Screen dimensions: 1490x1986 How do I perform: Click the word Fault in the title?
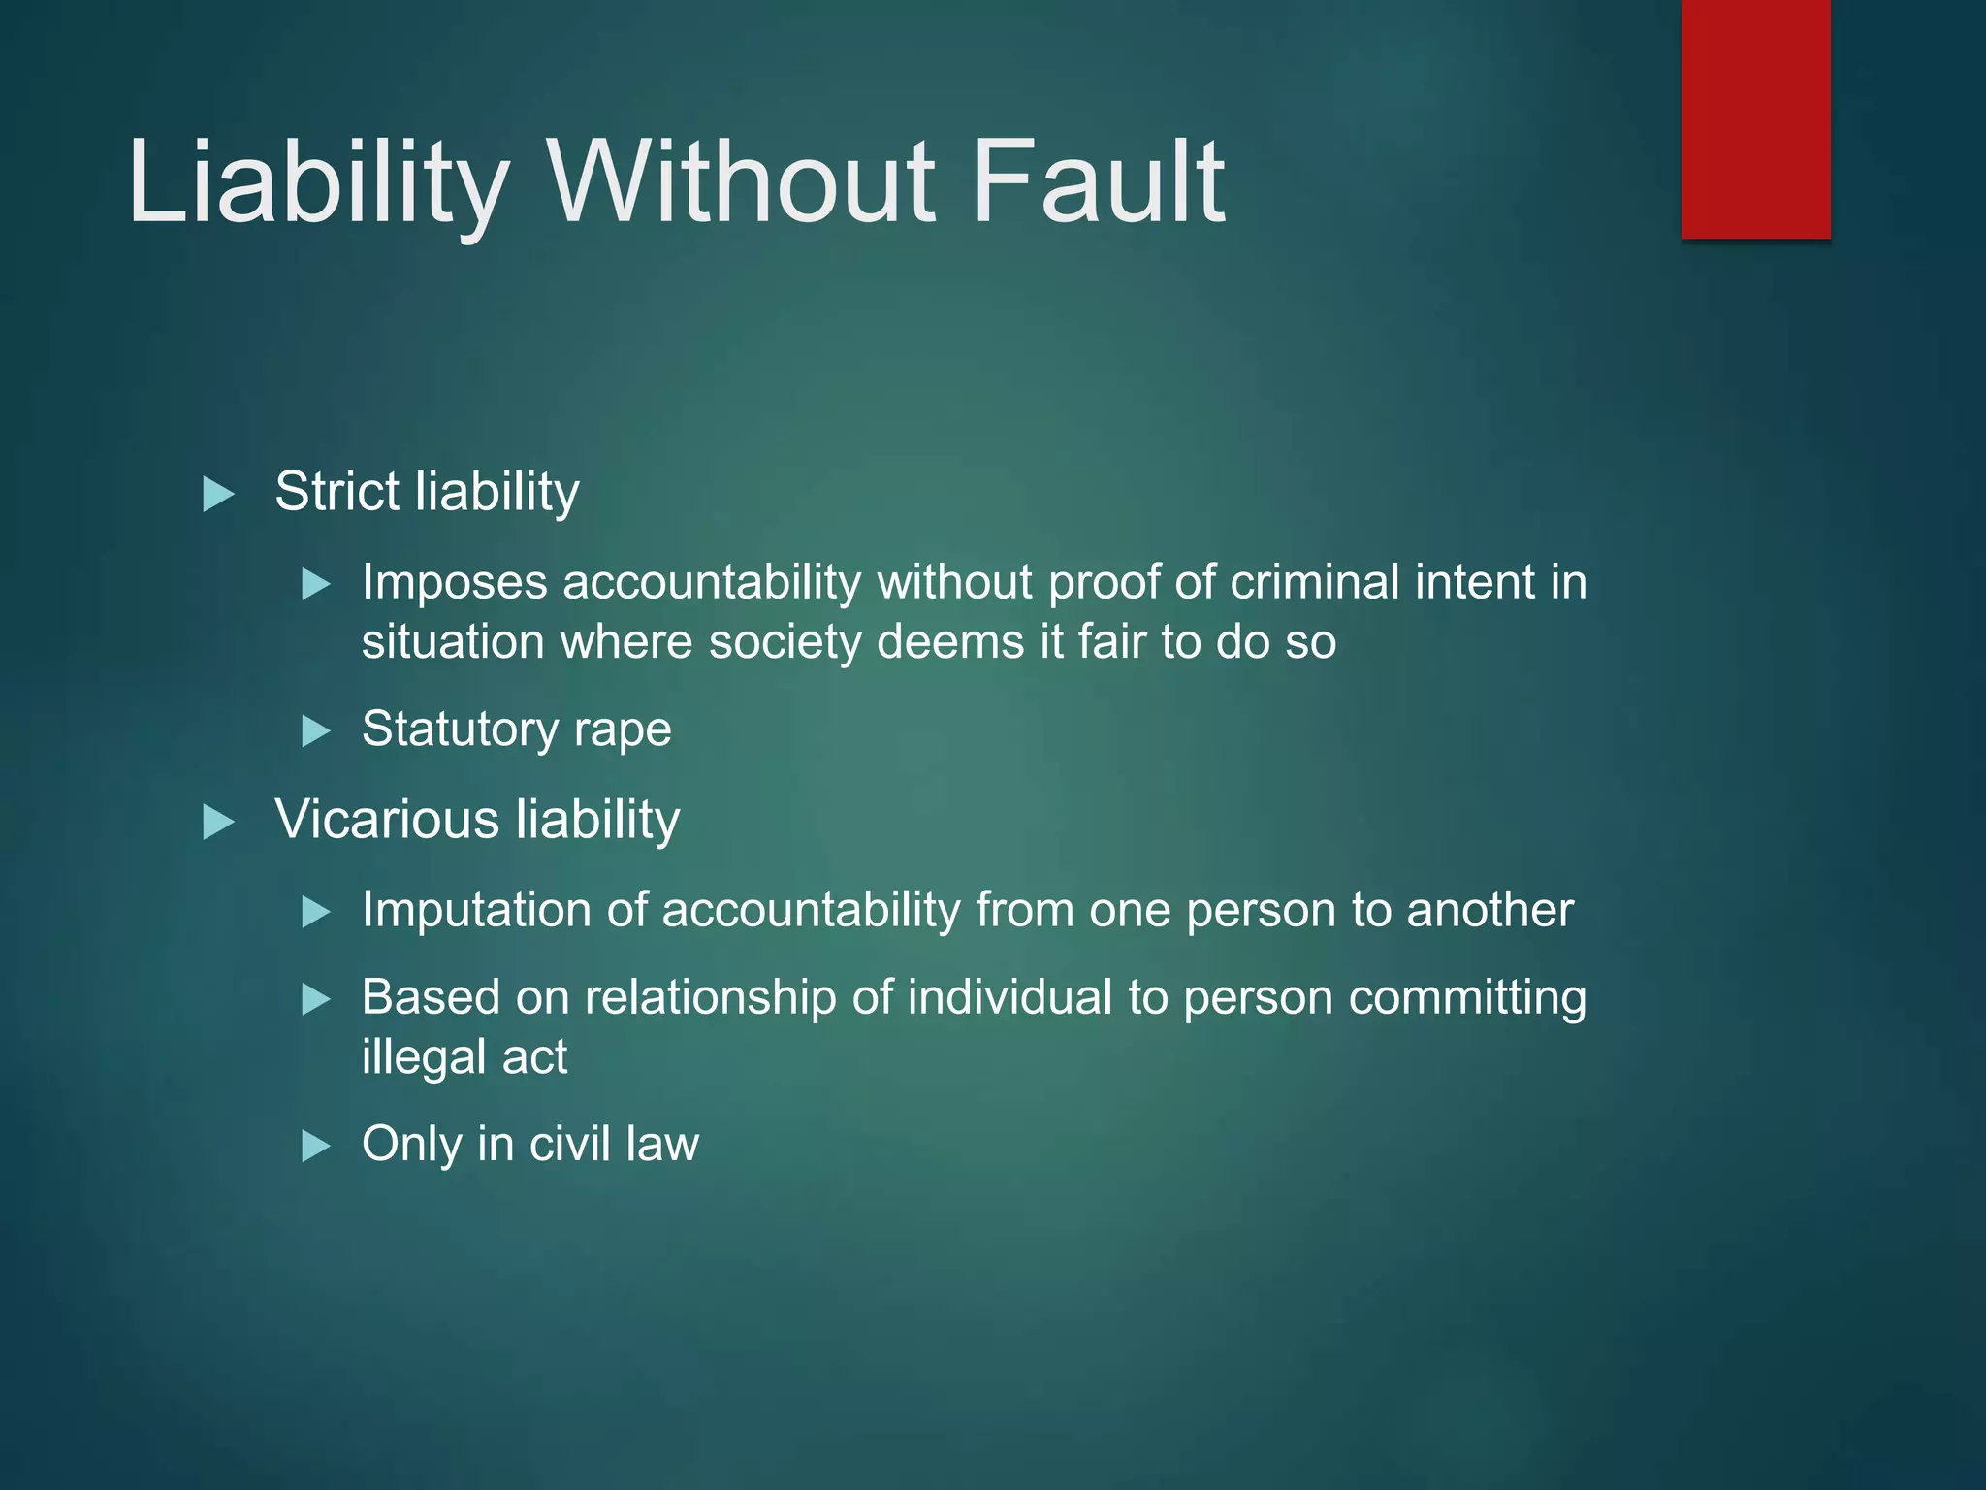(x=1099, y=181)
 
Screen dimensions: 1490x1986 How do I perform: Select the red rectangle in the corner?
(x=1755, y=118)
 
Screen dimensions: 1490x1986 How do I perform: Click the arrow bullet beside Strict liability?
(x=218, y=495)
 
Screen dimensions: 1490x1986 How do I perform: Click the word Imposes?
(x=455, y=584)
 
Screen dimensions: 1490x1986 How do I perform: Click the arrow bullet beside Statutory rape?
(x=316, y=730)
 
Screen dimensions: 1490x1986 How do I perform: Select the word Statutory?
(x=459, y=729)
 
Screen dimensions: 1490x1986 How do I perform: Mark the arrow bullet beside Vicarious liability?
(x=218, y=823)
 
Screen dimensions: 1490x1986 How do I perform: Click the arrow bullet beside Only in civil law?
(x=316, y=1147)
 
